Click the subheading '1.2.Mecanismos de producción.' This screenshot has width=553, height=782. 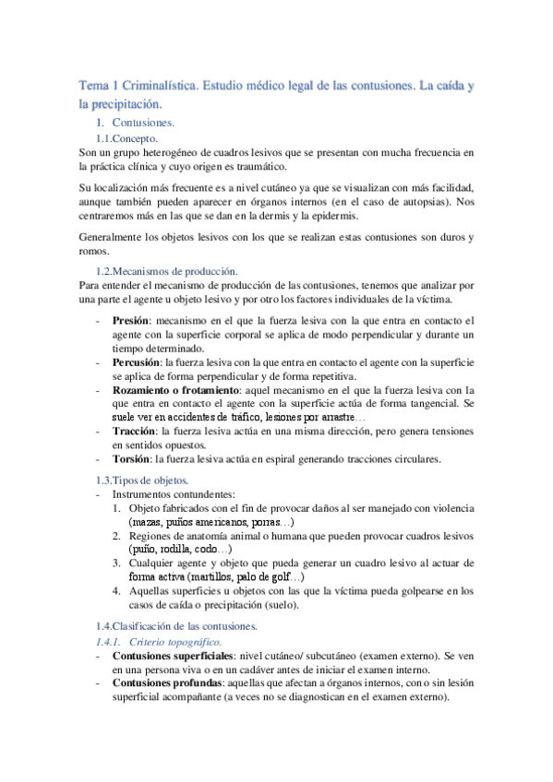click(x=166, y=271)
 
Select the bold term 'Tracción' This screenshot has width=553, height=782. click(x=133, y=431)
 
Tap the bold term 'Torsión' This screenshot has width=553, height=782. click(x=131, y=458)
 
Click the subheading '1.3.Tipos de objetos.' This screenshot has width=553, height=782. click(x=142, y=480)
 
